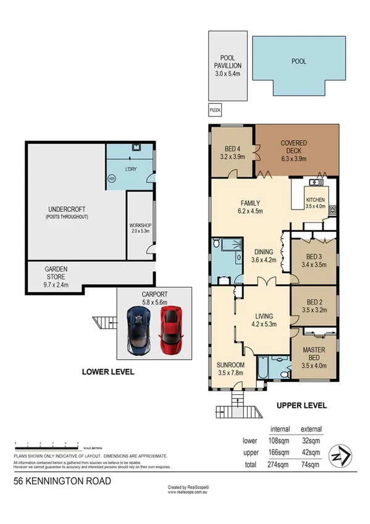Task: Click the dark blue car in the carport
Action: [x=138, y=329]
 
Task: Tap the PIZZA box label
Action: [x=215, y=111]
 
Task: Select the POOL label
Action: [x=299, y=62]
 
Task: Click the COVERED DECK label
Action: [x=293, y=147]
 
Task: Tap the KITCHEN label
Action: [x=314, y=203]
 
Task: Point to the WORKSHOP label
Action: [x=140, y=229]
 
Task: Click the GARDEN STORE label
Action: [x=56, y=277]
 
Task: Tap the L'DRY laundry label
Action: [x=131, y=169]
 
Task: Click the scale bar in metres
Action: [x=46, y=444]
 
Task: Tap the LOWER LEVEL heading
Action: [x=108, y=372]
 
